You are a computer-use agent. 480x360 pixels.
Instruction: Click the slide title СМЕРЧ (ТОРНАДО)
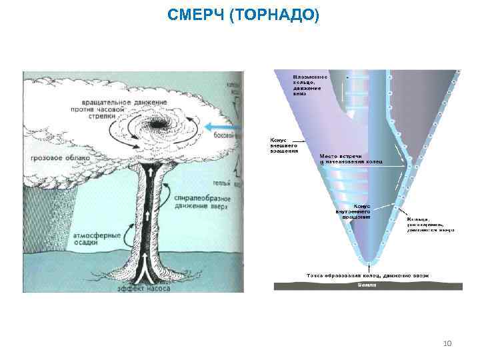tap(243, 15)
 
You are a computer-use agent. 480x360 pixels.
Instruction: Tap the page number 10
tap(447, 343)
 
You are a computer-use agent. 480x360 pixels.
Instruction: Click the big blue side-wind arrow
tap(219, 127)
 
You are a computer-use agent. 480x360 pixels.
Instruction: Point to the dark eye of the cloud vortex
tap(159, 123)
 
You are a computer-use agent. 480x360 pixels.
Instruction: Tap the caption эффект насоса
tap(143, 289)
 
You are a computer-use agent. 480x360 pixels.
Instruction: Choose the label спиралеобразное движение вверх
tap(201, 202)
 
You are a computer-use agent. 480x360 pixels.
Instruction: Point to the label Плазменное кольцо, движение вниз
tap(307, 85)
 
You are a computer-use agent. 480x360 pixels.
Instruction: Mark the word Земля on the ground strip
tap(367, 285)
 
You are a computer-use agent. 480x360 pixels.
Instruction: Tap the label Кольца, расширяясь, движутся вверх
tap(431, 225)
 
